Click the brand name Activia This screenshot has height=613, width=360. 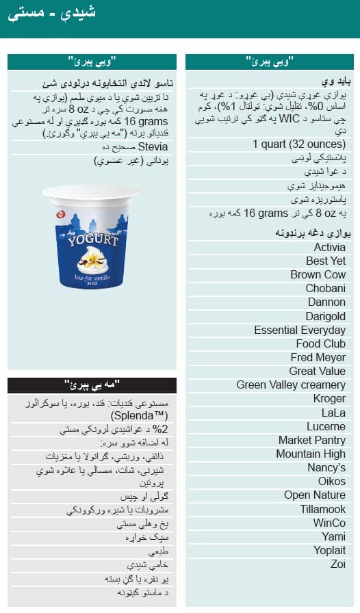[x=329, y=247]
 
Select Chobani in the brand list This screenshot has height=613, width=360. [x=325, y=288]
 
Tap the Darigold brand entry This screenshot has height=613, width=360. [x=325, y=316]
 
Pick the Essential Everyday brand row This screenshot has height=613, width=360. [x=300, y=330]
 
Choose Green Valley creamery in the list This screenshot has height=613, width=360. [x=291, y=384]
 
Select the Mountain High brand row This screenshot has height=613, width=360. [x=311, y=454]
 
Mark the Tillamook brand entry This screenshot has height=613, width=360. [x=322, y=509]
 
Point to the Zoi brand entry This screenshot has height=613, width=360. [x=337, y=564]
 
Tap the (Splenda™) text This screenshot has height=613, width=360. [x=149, y=415]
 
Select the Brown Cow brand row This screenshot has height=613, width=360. [x=318, y=274]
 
